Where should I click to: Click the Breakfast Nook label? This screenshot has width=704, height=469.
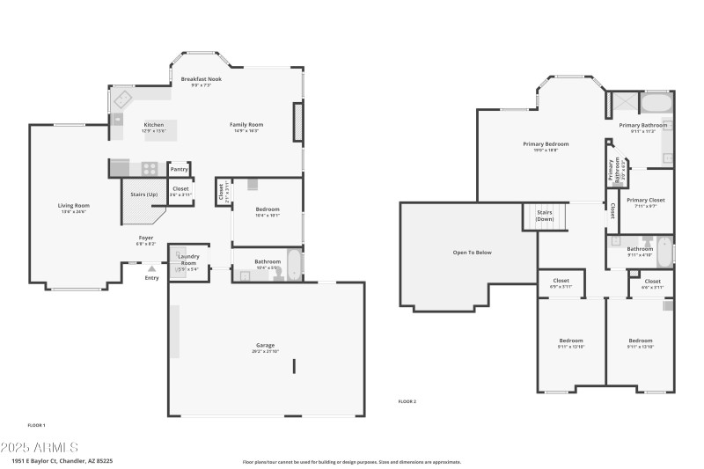[x=202, y=79]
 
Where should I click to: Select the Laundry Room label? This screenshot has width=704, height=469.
[x=189, y=260]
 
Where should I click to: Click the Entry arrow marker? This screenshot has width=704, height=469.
[x=152, y=268]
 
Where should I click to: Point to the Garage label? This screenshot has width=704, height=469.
[x=265, y=345]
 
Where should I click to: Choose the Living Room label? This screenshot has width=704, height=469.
[x=75, y=206]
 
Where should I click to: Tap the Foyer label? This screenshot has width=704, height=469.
[x=146, y=238]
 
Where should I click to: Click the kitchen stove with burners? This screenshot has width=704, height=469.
[x=149, y=167]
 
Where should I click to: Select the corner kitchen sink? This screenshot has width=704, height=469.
[x=121, y=98]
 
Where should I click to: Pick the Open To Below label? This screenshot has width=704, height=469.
[x=472, y=253]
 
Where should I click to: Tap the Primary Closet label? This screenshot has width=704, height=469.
[x=646, y=201]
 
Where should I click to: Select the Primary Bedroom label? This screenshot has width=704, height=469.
[x=545, y=144]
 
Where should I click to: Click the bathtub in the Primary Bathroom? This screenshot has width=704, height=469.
[x=656, y=104]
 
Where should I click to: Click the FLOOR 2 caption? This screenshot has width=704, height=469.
[x=407, y=400]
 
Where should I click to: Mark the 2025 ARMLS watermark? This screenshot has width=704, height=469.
[x=40, y=447]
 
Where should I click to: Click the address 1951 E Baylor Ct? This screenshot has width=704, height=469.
[x=62, y=460]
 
